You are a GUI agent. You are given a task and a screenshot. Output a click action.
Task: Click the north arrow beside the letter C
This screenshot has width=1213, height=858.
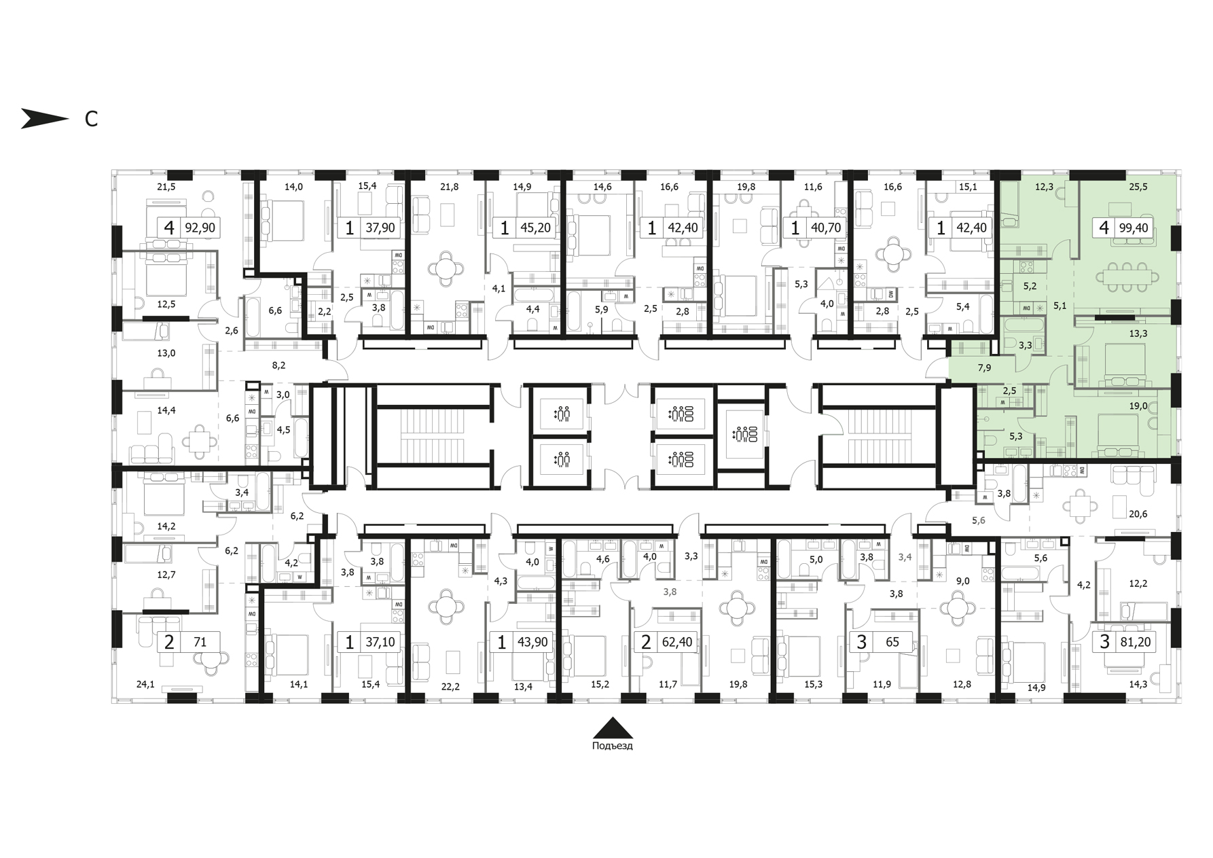[45, 118]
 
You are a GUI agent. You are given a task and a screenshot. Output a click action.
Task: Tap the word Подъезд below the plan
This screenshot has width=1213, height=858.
[612, 746]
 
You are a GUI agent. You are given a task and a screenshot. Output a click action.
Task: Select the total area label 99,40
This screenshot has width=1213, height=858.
[1133, 228]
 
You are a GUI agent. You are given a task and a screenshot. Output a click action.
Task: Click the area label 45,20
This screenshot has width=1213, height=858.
[535, 228]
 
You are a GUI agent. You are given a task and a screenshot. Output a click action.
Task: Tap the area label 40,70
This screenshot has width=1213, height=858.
[826, 228]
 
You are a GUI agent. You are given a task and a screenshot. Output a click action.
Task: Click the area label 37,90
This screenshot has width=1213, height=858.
[380, 228]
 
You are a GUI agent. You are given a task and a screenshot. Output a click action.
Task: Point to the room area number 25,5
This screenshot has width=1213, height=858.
[1138, 187]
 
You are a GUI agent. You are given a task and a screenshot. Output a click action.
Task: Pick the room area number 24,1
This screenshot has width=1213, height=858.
[145, 684]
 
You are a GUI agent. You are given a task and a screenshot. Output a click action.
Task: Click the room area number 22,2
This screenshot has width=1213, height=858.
[450, 686]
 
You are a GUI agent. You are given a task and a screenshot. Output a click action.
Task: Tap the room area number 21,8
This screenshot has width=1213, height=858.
[449, 187]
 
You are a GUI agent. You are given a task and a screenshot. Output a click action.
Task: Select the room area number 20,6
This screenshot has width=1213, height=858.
[1138, 514]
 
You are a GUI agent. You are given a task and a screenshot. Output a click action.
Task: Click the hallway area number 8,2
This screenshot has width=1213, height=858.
[278, 365]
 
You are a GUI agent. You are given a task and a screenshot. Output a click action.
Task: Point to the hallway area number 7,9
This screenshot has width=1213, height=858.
[984, 368]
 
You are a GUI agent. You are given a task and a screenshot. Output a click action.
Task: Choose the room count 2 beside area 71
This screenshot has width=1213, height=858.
[169, 641]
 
